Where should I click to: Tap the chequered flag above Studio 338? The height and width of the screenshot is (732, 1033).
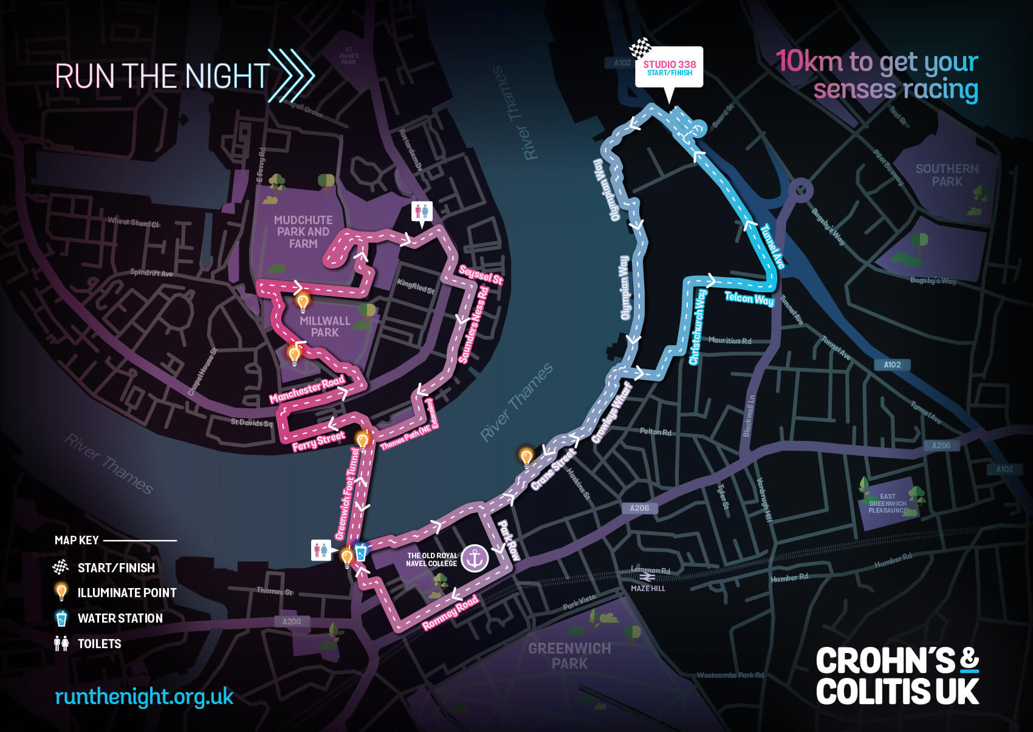pyautogui.click(x=640, y=48)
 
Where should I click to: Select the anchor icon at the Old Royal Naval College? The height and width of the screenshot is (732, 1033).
pyautogui.click(x=475, y=558)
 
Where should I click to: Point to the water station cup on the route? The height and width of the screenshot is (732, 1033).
pyautogui.click(x=361, y=552)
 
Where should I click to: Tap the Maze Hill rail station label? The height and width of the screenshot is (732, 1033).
pyautogui.click(x=648, y=588)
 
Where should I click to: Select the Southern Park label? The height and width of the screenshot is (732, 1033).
pyautogui.click(x=947, y=175)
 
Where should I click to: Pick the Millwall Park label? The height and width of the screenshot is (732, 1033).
pyautogui.click(x=324, y=326)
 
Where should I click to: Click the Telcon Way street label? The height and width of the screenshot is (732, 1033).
pyautogui.click(x=749, y=298)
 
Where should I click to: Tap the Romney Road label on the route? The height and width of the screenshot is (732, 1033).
pyautogui.click(x=450, y=613)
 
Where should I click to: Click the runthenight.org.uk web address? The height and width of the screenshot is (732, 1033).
pyautogui.click(x=144, y=697)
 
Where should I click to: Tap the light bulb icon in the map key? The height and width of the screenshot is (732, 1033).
pyautogui.click(x=61, y=592)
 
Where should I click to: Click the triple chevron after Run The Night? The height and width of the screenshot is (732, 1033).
pyautogui.click(x=291, y=75)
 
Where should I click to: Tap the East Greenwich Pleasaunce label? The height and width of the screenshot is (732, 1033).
pyautogui.click(x=887, y=503)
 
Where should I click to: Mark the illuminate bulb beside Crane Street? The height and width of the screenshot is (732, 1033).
pyautogui.click(x=526, y=457)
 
